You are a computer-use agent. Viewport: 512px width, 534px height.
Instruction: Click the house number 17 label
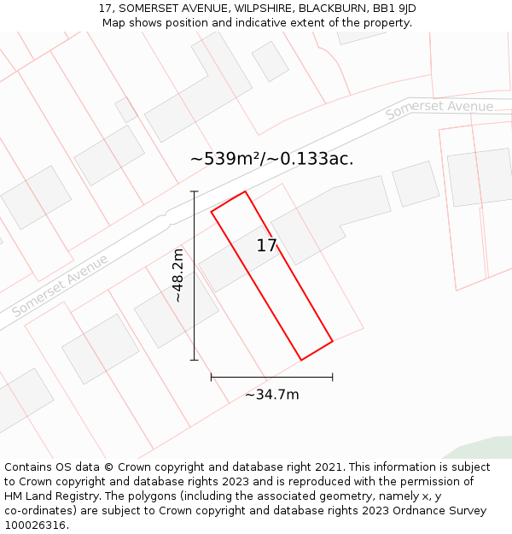click(266, 246)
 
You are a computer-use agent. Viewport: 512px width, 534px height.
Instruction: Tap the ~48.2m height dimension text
click(177, 275)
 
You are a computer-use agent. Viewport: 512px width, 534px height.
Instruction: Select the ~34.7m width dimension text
click(272, 395)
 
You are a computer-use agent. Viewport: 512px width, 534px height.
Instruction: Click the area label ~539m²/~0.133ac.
click(271, 159)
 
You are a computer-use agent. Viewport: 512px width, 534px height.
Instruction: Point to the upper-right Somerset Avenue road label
click(439, 109)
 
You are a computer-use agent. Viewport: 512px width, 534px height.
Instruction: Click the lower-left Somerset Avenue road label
click(61, 285)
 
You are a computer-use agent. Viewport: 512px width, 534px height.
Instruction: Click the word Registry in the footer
click(84, 496)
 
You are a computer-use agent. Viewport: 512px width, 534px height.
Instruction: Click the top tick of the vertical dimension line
click(194, 191)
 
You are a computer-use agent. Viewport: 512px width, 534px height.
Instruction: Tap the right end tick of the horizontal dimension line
click(333, 377)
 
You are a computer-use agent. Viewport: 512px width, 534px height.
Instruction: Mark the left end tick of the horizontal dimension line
click(211, 377)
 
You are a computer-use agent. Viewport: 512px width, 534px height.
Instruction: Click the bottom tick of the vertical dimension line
click(194, 360)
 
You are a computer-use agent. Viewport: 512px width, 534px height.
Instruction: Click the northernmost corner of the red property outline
click(245, 191)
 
